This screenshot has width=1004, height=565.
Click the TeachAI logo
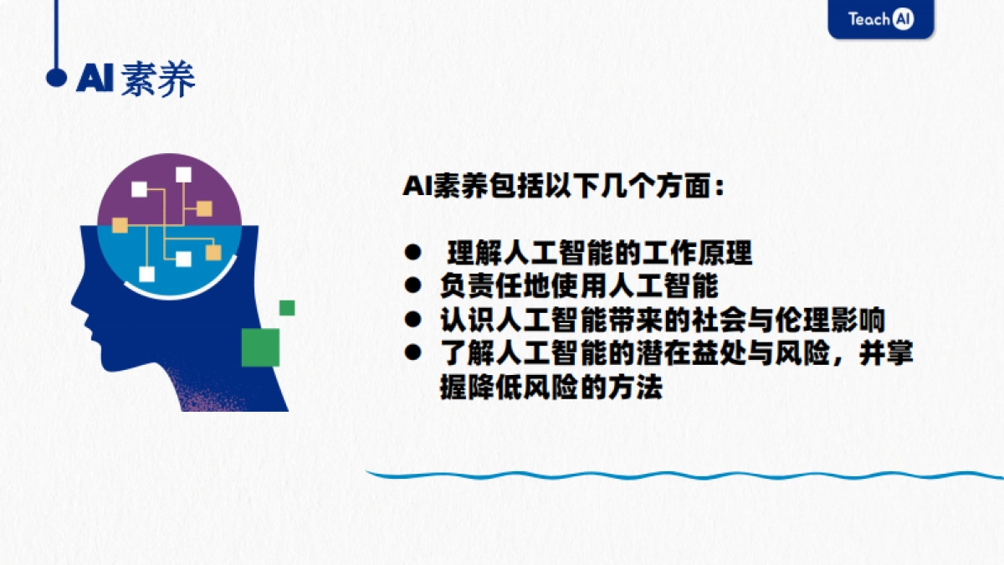pyautogui.click(x=880, y=18)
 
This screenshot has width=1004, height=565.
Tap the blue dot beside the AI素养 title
pyautogui.click(x=56, y=78)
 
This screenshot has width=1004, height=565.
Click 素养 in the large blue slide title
pyautogui.click(x=158, y=79)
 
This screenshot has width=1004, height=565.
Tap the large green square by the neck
pyautogui.click(x=260, y=347)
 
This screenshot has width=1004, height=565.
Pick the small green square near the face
pyautogui.click(x=287, y=307)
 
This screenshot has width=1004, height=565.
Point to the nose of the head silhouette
pyautogui.click(x=75, y=295)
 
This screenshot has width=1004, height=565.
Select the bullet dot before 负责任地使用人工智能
pyautogui.click(x=412, y=285)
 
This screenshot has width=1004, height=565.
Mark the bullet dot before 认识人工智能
pyautogui.click(x=412, y=320)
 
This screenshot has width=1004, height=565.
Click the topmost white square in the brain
pyautogui.click(x=183, y=174)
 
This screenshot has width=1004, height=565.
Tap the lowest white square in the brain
pyautogui.click(x=147, y=274)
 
